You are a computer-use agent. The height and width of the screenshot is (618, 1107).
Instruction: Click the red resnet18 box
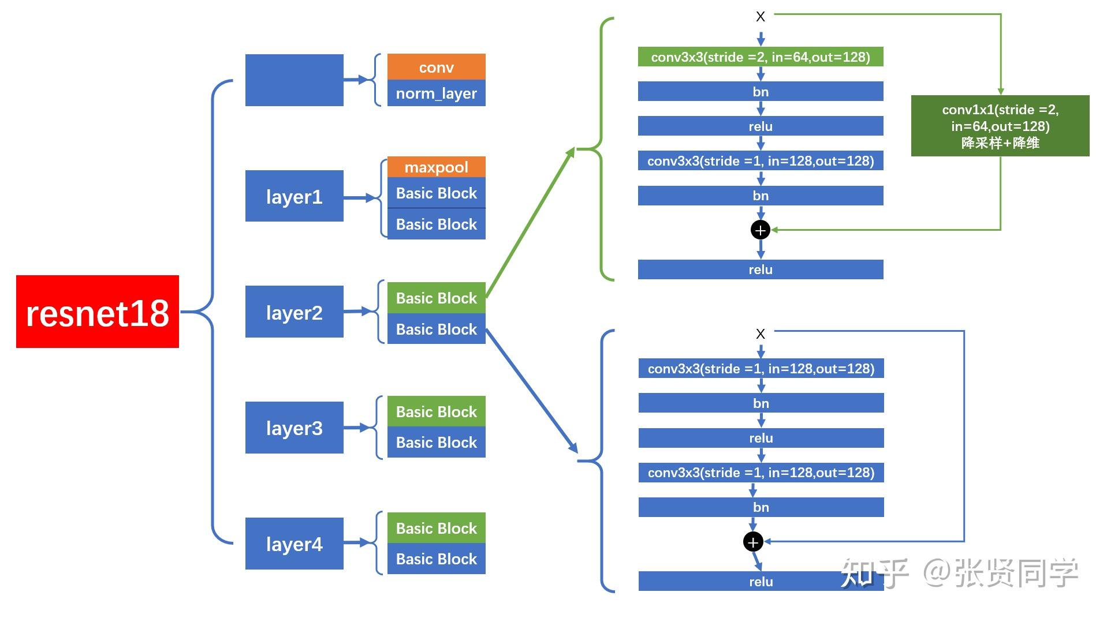(97, 312)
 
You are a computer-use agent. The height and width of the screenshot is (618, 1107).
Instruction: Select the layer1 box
(294, 196)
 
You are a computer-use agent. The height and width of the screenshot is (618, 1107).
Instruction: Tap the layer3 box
(294, 428)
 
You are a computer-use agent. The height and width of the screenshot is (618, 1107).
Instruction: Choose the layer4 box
(294, 544)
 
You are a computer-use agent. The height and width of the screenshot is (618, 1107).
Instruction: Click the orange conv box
(436, 67)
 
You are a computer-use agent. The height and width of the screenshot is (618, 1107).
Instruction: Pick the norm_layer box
(436, 93)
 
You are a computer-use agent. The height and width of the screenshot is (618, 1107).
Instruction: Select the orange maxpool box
(436, 167)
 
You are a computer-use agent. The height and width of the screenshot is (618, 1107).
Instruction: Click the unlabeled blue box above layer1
(294, 80)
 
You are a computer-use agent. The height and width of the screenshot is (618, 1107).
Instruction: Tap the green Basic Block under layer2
(436, 298)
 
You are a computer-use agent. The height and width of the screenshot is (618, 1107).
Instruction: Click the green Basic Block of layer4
(436, 527)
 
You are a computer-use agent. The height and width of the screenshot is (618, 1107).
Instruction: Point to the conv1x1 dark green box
(1000, 126)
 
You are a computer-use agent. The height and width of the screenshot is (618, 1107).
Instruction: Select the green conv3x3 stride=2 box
(760, 57)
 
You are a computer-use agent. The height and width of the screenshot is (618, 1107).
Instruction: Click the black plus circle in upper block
(760, 230)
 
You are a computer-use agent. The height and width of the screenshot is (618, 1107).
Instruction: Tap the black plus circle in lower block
(752, 542)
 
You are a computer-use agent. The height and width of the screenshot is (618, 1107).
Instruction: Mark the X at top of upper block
(760, 17)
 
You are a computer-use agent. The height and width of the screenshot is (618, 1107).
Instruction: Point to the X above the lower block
(760, 334)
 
